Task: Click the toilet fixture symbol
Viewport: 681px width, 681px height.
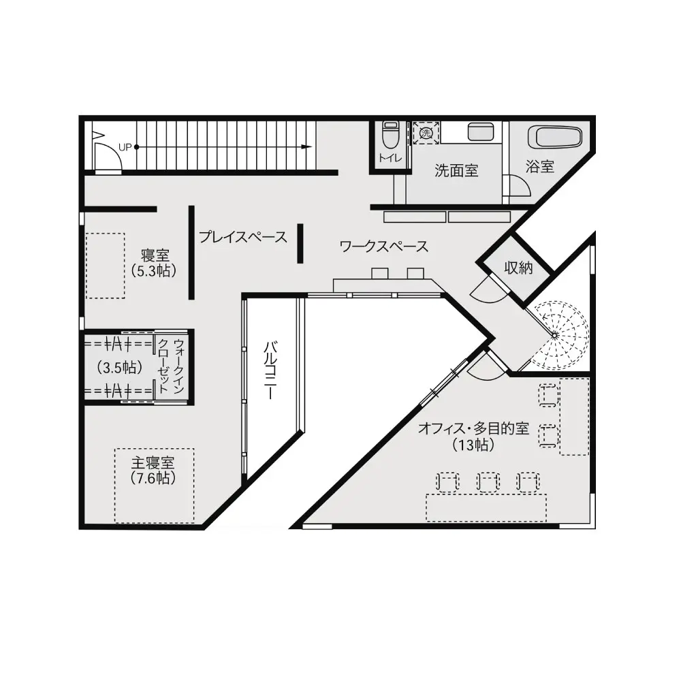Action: coord(390,135)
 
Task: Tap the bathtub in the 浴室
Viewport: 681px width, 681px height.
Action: coord(554,138)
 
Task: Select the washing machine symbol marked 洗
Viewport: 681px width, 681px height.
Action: coord(426,133)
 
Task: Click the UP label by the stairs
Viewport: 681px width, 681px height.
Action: coord(125,147)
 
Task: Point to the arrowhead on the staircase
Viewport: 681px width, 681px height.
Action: coord(306,147)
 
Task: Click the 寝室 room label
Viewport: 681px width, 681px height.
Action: coord(155,255)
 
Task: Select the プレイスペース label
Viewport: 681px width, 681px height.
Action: coord(243,237)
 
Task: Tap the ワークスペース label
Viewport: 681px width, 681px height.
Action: coord(384,247)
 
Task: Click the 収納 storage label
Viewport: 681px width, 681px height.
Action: coord(518,268)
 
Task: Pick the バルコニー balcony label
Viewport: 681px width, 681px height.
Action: coord(270,370)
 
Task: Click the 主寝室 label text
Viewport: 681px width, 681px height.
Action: coord(153,462)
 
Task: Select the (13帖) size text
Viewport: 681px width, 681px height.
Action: coord(473,445)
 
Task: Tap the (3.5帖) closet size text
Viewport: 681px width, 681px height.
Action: coord(120,368)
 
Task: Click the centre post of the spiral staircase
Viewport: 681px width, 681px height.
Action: coord(554,335)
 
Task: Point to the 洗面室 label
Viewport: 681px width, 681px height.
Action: coord(456,170)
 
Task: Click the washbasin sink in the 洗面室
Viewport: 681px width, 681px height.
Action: coord(480,132)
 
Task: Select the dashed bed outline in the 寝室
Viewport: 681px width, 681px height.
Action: coord(105,266)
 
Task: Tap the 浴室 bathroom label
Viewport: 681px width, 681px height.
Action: coord(540,166)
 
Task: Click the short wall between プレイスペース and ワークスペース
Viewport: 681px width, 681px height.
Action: coord(300,243)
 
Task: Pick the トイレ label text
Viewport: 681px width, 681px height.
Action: coord(390,158)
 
